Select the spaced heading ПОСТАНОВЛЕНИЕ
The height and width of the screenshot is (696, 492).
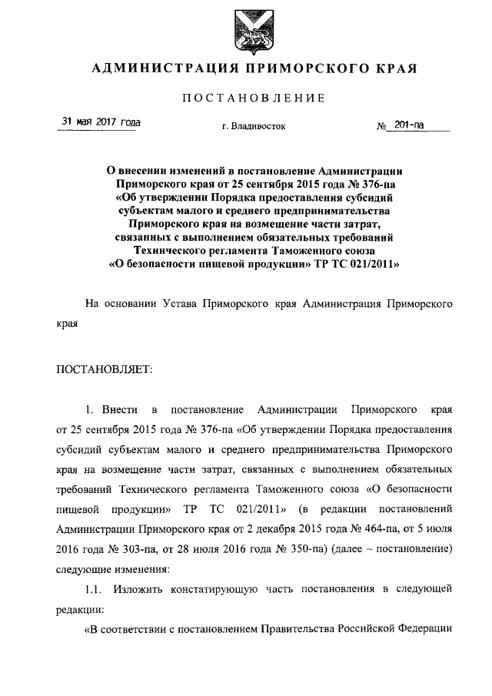pyautogui.click(x=254, y=98)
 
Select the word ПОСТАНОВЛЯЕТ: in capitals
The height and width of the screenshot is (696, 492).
pyautogui.click(x=105, y=368)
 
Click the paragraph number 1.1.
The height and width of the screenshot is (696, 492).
pyautogui.click(x=95, y=589)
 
